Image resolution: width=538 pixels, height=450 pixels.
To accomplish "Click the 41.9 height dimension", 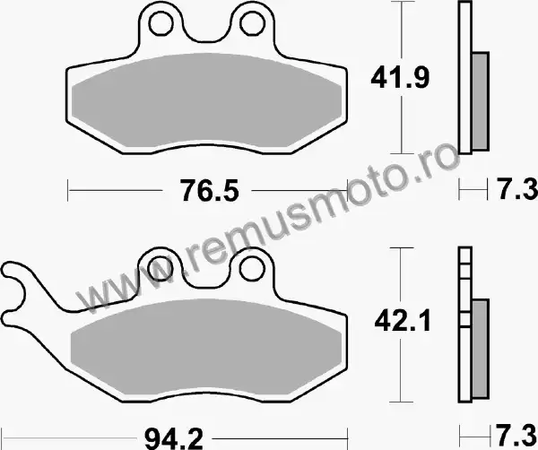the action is pyautogui.click(x=400, y=78).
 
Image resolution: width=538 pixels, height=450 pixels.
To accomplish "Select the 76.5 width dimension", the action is pyautogui.click(x=210, y=191).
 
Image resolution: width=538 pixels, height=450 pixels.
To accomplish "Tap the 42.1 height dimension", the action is pyautogui.click(x=402, y=322).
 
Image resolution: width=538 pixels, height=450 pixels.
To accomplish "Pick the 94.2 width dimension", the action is pyautogui.click(x=174, y=438).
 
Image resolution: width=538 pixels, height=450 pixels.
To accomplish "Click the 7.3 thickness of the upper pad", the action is pyautogui.click(x=517, y=189).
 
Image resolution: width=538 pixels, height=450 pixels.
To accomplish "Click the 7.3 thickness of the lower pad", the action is pyautogui.click(x=516, y=435).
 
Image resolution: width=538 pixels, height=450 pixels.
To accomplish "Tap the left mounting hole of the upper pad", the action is pyautogui.click(x=160, y=23).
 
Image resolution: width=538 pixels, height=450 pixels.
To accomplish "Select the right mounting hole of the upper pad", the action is pyautogui.click(x=253, y=23).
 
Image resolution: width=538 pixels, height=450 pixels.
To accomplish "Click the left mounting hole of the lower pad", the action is pyautogui.click(x=160, y=269).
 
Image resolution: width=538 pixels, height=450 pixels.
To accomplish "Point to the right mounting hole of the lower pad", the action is pyautogui.click(x=252, y=269).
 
